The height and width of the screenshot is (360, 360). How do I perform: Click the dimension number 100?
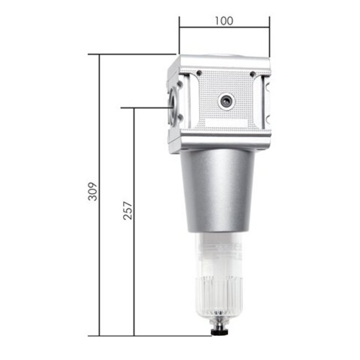224,21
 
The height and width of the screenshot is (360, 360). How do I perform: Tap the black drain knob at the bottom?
214,333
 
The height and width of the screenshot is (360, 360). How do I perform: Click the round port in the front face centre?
226,101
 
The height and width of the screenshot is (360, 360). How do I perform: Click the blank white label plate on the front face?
224,124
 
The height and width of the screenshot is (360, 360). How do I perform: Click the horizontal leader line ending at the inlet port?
147,108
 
